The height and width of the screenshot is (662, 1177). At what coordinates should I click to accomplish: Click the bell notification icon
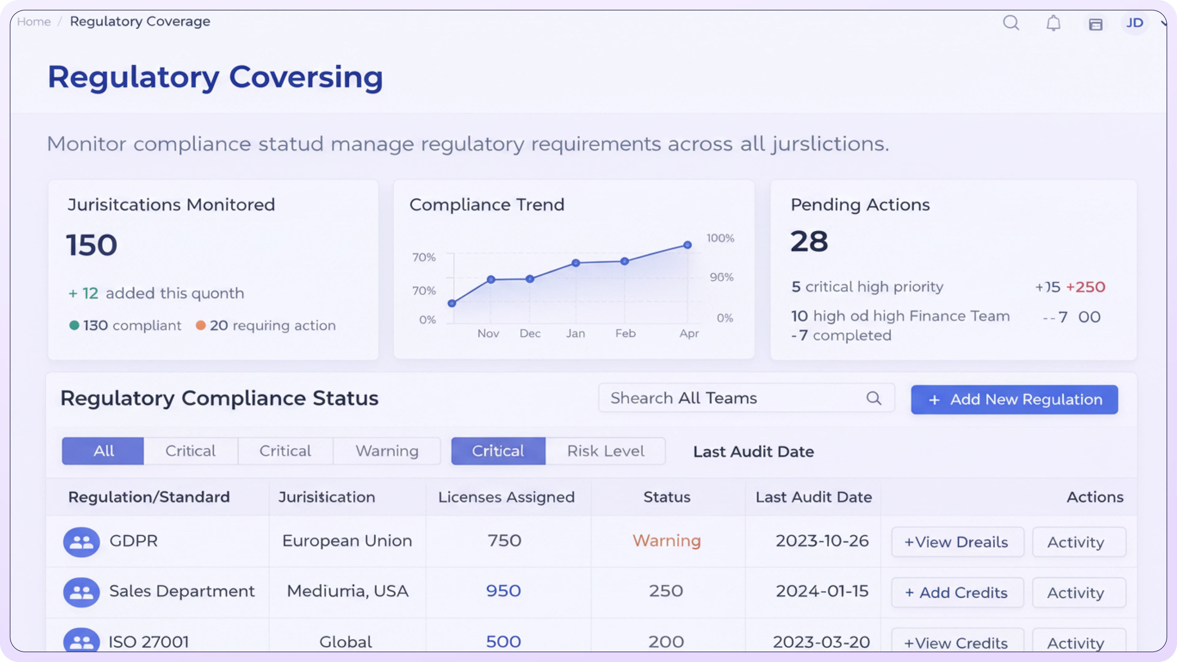pyautogui.click(x=1053, y=23)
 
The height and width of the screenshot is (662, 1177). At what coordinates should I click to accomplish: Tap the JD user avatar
pyautogui.click(x=1134, y=23)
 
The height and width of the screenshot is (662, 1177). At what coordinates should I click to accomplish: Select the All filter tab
pyautogui.click(x=103, y=451)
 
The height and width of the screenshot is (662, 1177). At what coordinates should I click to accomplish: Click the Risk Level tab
pyautogui.click(x=605, y=451)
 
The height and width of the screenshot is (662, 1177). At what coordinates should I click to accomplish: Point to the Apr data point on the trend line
pyautogui.click(x=687, y=245)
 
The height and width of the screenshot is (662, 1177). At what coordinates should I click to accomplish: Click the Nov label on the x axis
pyautogui.click(x=488, y=333)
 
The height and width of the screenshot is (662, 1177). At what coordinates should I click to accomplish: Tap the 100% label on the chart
pyautogui.click(x=720, y=238)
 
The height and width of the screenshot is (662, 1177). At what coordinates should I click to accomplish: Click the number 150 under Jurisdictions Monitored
pyautogui.click(x=92, y=245)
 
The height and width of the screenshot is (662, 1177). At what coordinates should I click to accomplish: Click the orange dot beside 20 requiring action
pyautogui.click(x=200, y=325)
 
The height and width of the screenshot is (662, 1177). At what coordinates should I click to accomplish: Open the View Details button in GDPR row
pyautogui.click(x=957, y=542)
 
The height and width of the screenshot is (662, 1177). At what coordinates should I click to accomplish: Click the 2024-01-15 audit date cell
pyautogui.click(x=821, y=591)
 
